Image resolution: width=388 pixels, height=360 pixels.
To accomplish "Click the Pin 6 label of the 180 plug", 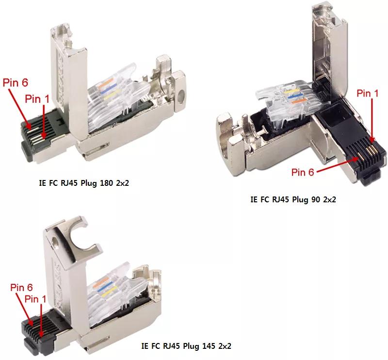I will coord(15,82).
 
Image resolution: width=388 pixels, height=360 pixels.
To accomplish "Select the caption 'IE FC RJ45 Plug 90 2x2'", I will coord(293,199).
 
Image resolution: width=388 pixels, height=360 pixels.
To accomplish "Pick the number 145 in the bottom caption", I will coord(211,346).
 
